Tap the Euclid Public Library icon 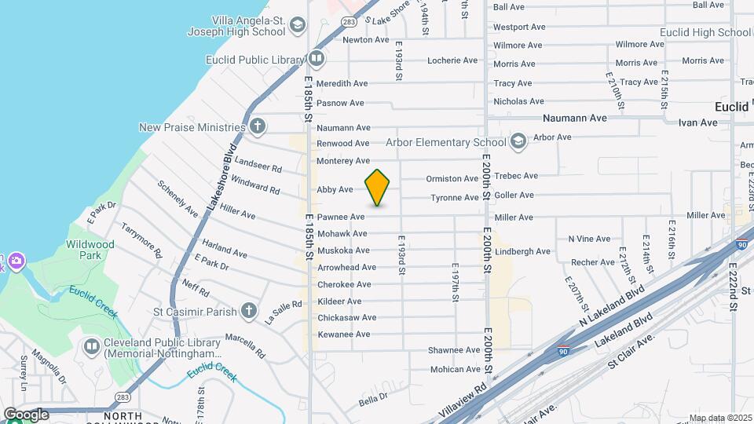point(316,58)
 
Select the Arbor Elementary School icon point(518,141)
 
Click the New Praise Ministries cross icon point(258,126)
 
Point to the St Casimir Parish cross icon point(248,311)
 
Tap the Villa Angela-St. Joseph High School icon point(297,26)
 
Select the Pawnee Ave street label point(341,217)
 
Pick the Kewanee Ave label point(343,334)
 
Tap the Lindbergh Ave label point(522,251)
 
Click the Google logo point(25,415)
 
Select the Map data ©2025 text point(720,418)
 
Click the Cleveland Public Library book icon point(92,345)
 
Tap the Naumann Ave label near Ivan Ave point(575,118)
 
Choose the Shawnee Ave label point(453,350)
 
